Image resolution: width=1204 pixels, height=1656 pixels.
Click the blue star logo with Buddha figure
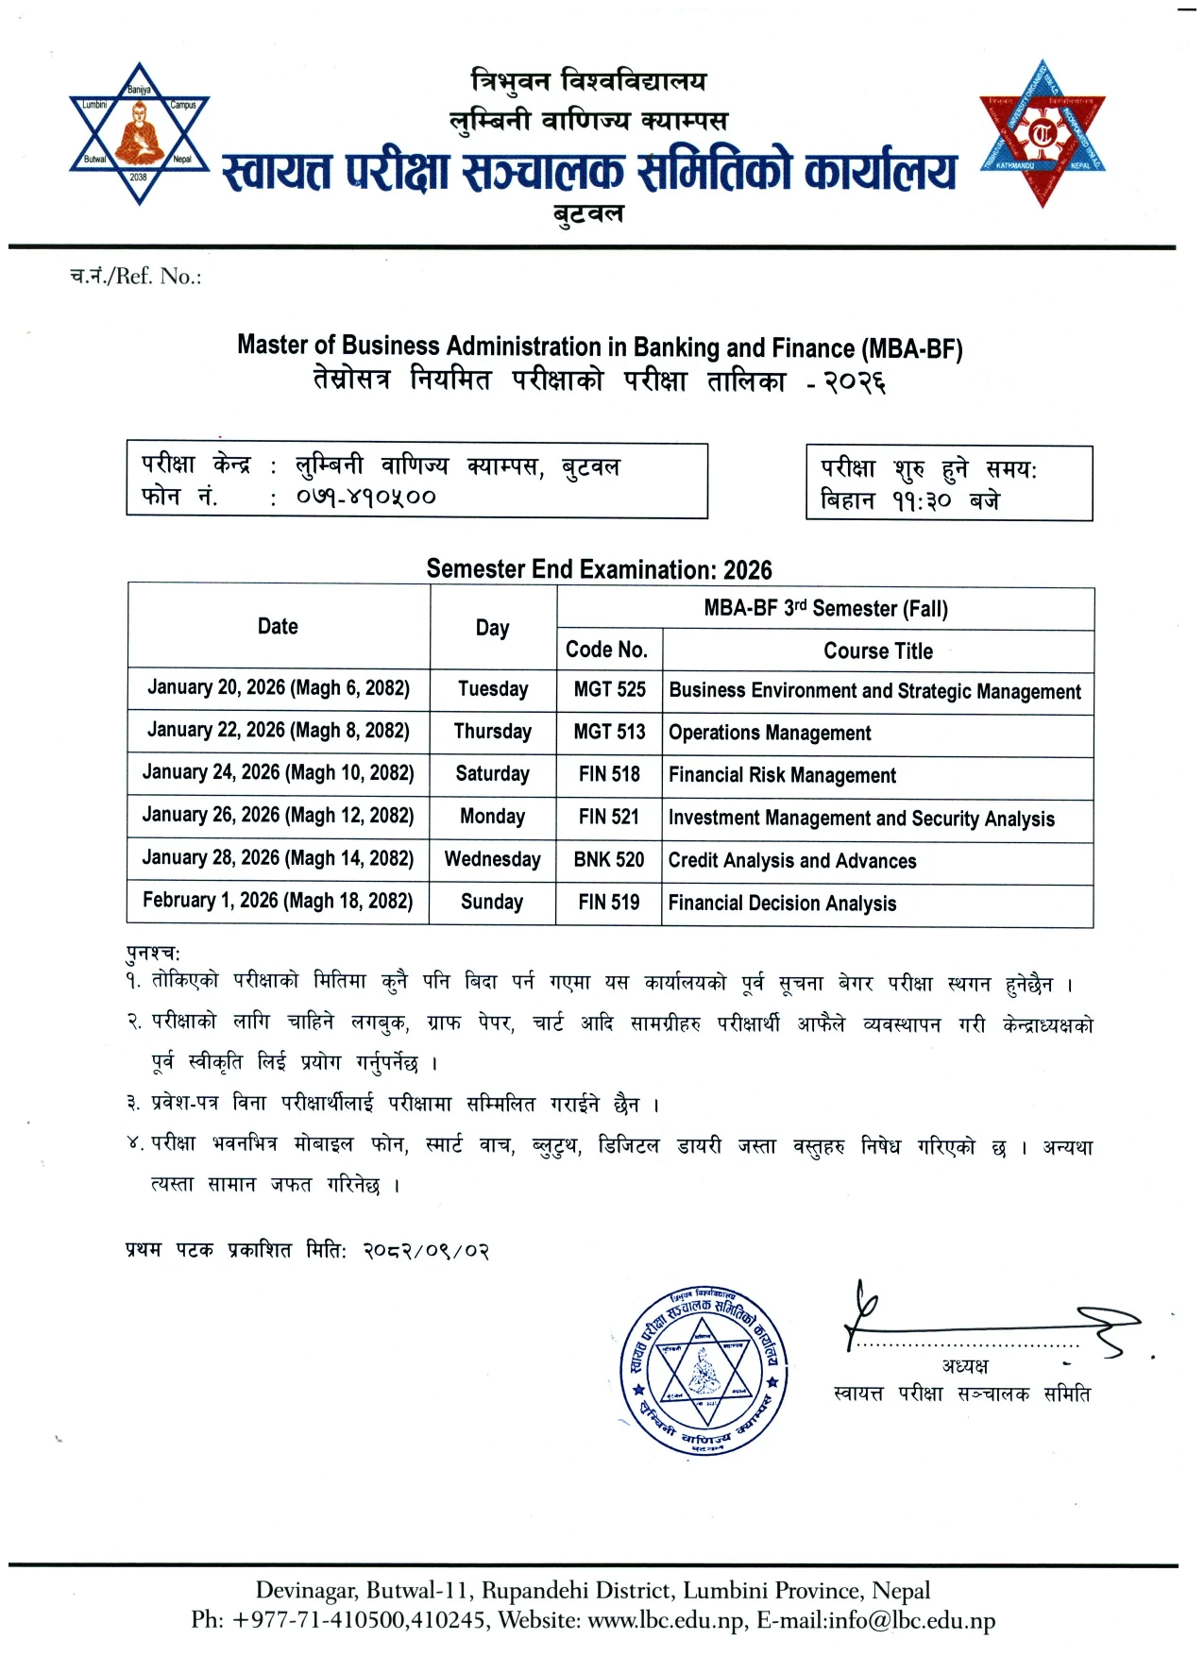[140, 133]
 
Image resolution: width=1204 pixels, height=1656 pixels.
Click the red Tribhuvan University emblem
[1042, 133]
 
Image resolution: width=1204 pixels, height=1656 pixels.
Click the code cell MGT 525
[609, 690]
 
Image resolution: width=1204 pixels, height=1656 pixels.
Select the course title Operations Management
[770, 733]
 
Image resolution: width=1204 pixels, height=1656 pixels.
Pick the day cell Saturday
[492, 774]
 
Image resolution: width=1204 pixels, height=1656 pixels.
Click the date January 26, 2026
[278, 816]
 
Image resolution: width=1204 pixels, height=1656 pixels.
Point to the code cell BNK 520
[609, 860]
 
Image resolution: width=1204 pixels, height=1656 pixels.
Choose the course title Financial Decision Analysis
[782, 904]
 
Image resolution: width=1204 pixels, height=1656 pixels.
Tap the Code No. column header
[606, 650]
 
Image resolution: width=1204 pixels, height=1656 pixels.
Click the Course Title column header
[877, 651]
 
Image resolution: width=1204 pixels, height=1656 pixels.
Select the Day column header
[492, 628]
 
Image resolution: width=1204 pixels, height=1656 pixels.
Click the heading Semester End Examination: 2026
[599, 569]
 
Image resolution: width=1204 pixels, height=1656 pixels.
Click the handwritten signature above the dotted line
[992, 1322]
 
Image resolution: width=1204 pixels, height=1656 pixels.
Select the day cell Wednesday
[492, 859]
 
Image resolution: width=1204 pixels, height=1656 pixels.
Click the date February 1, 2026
[278, 901]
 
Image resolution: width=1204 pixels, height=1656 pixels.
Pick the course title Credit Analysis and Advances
[791, 861]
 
